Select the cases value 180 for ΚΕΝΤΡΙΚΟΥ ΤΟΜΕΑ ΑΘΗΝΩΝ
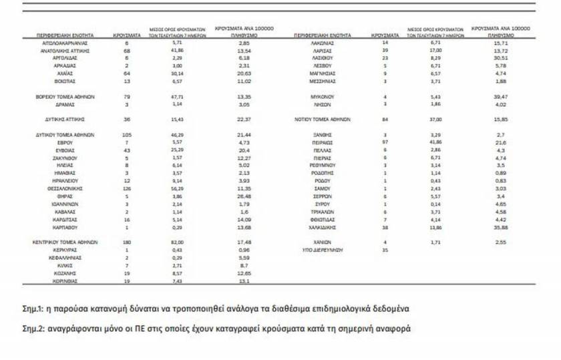(127, 241)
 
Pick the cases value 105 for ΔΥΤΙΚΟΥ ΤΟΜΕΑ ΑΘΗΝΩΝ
(127, 135)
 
